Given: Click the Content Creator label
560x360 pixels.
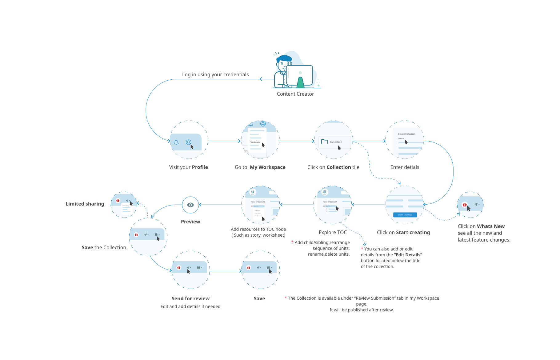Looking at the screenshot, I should (295, 94).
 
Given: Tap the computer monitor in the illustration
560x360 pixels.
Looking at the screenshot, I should (299, 75).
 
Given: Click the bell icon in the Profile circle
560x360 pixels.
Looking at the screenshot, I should (176, 142).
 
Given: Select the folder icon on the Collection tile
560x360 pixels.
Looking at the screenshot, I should (324, 142).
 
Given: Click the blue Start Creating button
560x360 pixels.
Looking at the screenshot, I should (405, 215).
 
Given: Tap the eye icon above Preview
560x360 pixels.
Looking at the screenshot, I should (190, 205).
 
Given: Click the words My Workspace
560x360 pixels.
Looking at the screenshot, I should (267, 167).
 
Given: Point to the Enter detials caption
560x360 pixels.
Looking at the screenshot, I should (405, 167).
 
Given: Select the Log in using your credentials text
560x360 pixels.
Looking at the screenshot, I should (215, 74).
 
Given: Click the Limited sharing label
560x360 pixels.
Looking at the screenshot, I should (85, 204).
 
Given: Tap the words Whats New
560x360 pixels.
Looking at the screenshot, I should (491, 226).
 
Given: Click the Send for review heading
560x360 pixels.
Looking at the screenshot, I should (190, 298).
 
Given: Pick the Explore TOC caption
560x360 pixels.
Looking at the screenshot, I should (333, 232).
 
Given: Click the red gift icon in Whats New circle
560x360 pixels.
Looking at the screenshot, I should (465, 205).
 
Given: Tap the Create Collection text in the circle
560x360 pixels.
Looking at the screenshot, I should (406, 134).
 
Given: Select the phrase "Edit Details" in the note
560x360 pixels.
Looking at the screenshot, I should (408, 255).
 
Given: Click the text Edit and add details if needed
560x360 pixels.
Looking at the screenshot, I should (190, 306).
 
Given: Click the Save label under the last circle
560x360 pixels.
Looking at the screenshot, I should (259, 298).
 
